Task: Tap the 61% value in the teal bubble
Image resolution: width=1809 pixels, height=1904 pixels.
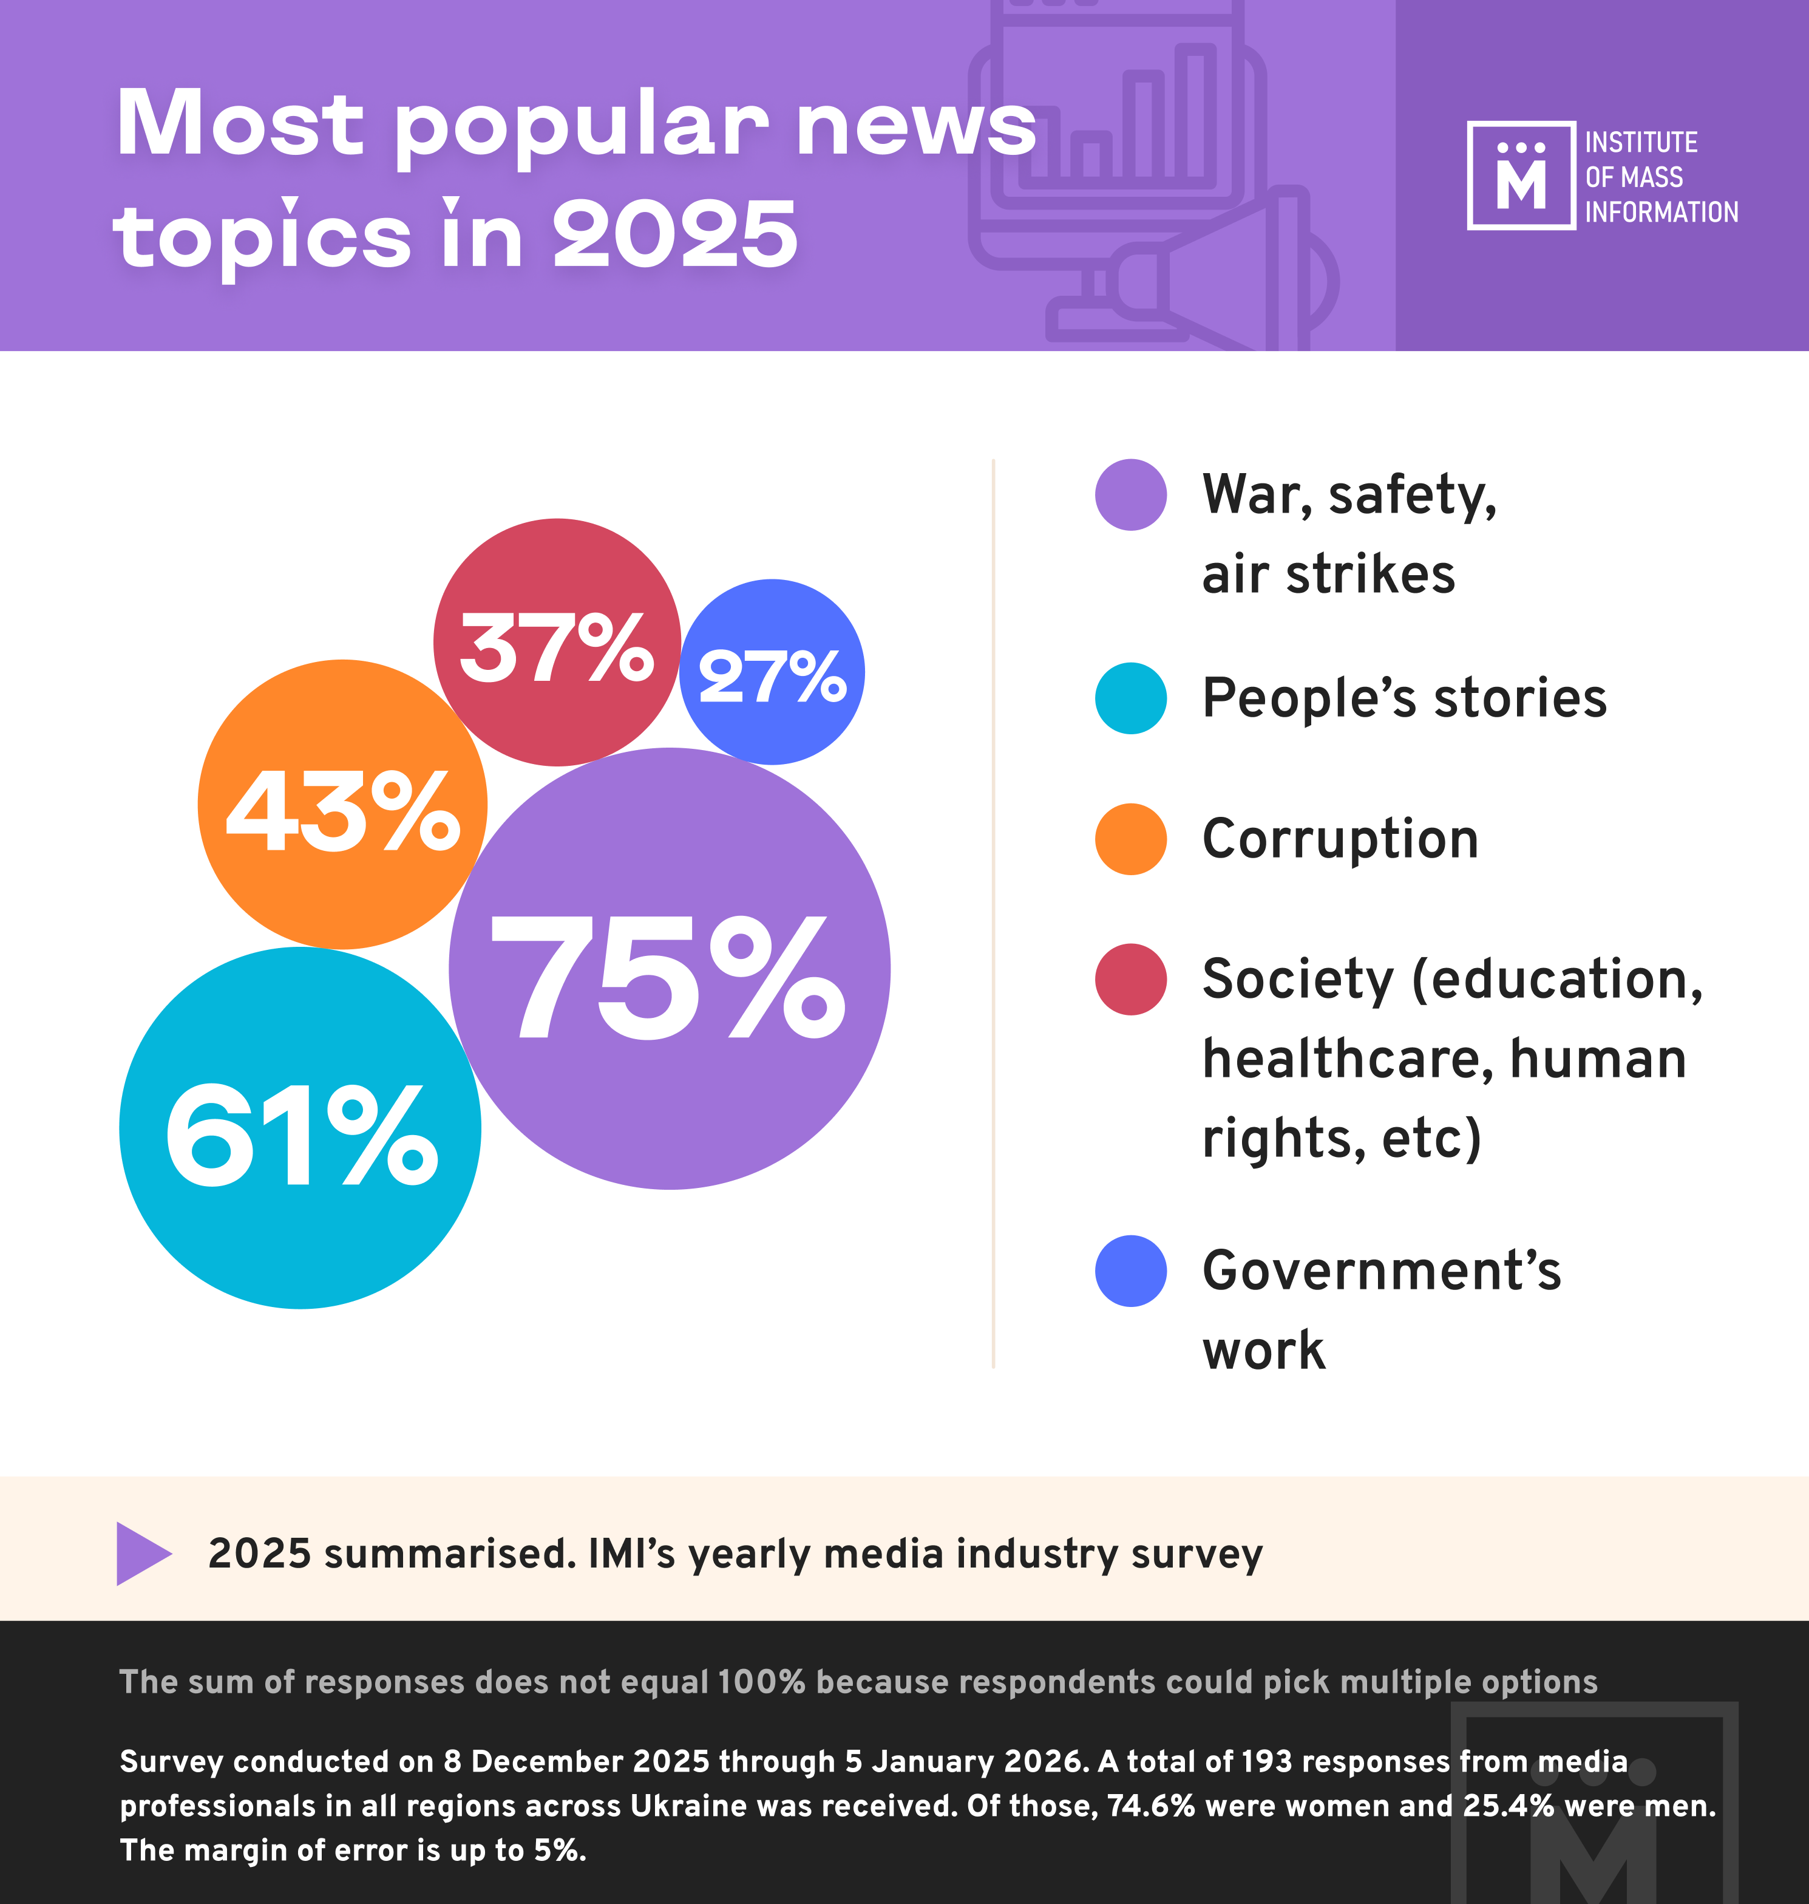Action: [301, 1135]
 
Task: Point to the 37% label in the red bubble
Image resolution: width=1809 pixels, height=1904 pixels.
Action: [557, 647]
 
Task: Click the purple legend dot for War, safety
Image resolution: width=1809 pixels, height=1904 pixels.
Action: [1130, 495]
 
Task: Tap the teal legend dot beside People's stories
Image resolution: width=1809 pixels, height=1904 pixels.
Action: [1130, 698]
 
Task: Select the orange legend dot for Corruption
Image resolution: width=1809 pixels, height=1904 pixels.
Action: [1130, 839]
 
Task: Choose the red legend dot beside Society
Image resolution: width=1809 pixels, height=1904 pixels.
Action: [1130, 979]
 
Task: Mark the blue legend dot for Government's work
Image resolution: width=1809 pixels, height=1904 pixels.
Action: [1130, 1271]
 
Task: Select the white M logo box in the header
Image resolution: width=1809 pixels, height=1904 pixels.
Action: [1521, 176]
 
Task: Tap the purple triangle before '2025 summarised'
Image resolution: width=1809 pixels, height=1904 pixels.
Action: [143, 1553]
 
